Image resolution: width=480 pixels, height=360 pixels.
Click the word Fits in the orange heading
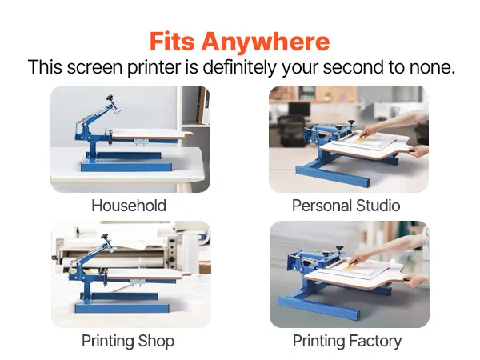172,42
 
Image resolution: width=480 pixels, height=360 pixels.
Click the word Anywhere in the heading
266,42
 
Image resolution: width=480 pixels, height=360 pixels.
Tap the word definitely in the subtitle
239,67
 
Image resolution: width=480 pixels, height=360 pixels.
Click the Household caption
129,206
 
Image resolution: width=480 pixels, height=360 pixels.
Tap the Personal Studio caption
346,206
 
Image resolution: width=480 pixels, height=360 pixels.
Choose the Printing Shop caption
128,341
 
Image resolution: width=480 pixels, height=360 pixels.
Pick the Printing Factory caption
347,341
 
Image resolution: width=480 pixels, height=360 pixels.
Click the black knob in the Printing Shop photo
105,237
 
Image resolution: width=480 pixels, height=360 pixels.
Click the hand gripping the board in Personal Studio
418,151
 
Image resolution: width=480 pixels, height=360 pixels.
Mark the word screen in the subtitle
94,68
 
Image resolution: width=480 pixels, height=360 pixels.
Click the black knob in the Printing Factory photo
339,248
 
